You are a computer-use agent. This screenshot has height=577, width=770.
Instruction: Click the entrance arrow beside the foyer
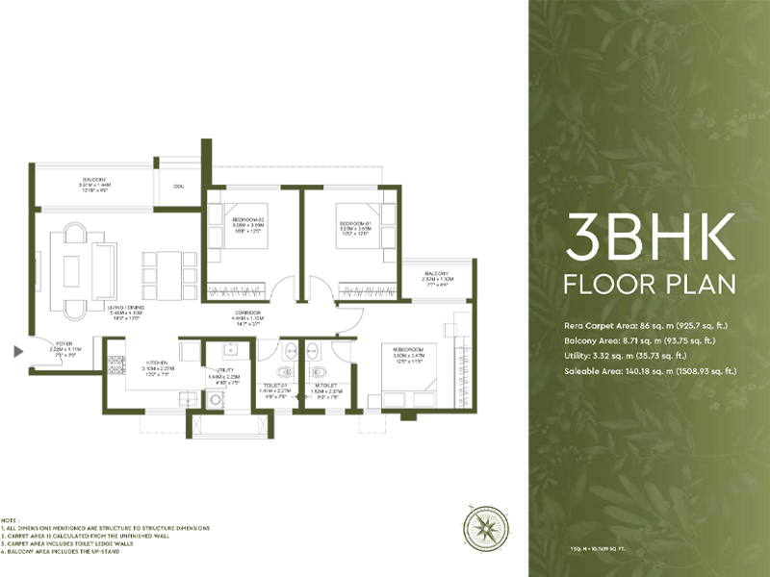point(16,352)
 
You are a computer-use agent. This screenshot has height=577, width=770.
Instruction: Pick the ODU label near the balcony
point(179,186)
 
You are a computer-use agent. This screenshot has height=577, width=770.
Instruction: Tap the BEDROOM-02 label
point(248,220)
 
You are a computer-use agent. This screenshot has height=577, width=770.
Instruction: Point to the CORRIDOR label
point(247,314)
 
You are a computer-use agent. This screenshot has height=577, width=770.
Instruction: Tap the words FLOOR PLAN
point(651,285)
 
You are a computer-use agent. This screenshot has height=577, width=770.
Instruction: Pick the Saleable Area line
point(651,370)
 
